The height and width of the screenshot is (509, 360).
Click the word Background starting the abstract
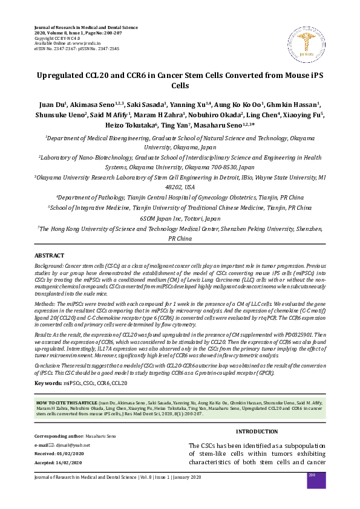pos(48,266)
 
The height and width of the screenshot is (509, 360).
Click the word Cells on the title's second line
pos(180,87)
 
